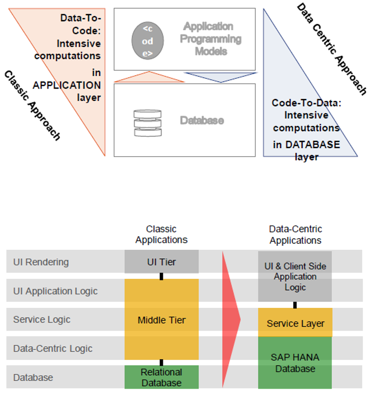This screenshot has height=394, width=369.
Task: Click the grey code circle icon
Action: click(148, 39)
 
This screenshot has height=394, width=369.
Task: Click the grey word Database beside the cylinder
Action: click(202, 120)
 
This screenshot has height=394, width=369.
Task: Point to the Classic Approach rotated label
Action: click(32, 105)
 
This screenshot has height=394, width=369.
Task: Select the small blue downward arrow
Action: click(221, 77)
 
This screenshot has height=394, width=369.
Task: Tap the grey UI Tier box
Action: click(161, 262)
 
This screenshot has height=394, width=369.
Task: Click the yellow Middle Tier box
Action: click(161, 320)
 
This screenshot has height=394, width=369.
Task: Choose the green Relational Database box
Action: click(161, 377)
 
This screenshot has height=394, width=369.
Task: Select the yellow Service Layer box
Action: click(295, 323)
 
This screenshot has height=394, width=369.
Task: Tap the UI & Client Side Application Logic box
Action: click(295, 276)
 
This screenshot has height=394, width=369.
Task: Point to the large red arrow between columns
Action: click(230, 320)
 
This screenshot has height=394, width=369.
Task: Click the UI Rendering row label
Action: click(41, 262)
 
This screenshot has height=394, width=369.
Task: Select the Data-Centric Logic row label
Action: click(53, 349)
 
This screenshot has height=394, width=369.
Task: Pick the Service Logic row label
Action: click(42, 320)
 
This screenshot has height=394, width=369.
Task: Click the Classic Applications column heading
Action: click(161, 234)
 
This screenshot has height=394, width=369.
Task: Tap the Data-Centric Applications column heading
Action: click(295, 234)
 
